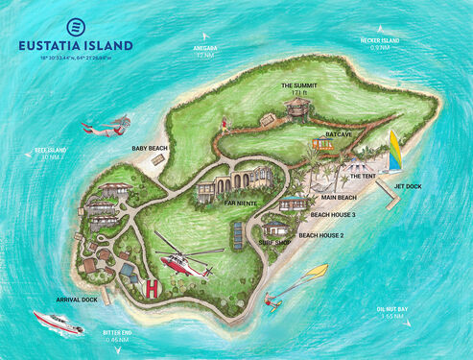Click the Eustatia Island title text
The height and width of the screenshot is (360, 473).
point(76,44)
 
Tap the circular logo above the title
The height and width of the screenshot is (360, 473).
point(76,24)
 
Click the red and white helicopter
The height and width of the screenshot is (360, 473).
point(180,259)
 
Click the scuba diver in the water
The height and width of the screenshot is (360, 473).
point(106,125)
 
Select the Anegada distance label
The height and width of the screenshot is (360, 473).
point(203,52)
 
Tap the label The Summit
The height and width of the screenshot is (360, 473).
point(298,86)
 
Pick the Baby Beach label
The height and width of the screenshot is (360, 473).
point(150,149)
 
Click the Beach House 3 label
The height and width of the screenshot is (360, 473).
point(336,214)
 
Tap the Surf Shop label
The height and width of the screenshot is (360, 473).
point(274,242)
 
